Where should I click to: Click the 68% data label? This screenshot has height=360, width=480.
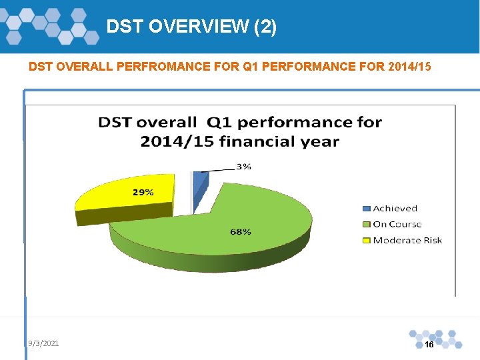pos(241,231)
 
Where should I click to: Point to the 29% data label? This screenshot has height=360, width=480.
pos(143,192)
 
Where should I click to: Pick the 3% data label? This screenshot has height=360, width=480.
pos(243,167)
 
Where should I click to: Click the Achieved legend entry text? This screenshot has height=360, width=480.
pos(395,209)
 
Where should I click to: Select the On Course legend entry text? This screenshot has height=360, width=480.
pos(397,225)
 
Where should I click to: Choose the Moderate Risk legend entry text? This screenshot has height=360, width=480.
pos(407,241)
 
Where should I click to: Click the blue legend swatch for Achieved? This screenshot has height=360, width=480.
pos(365,209)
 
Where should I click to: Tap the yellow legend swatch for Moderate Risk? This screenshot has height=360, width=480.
pos(365,241)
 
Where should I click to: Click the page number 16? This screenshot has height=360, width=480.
pos(429,345)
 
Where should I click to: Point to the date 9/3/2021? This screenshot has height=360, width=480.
pos(43,343)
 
